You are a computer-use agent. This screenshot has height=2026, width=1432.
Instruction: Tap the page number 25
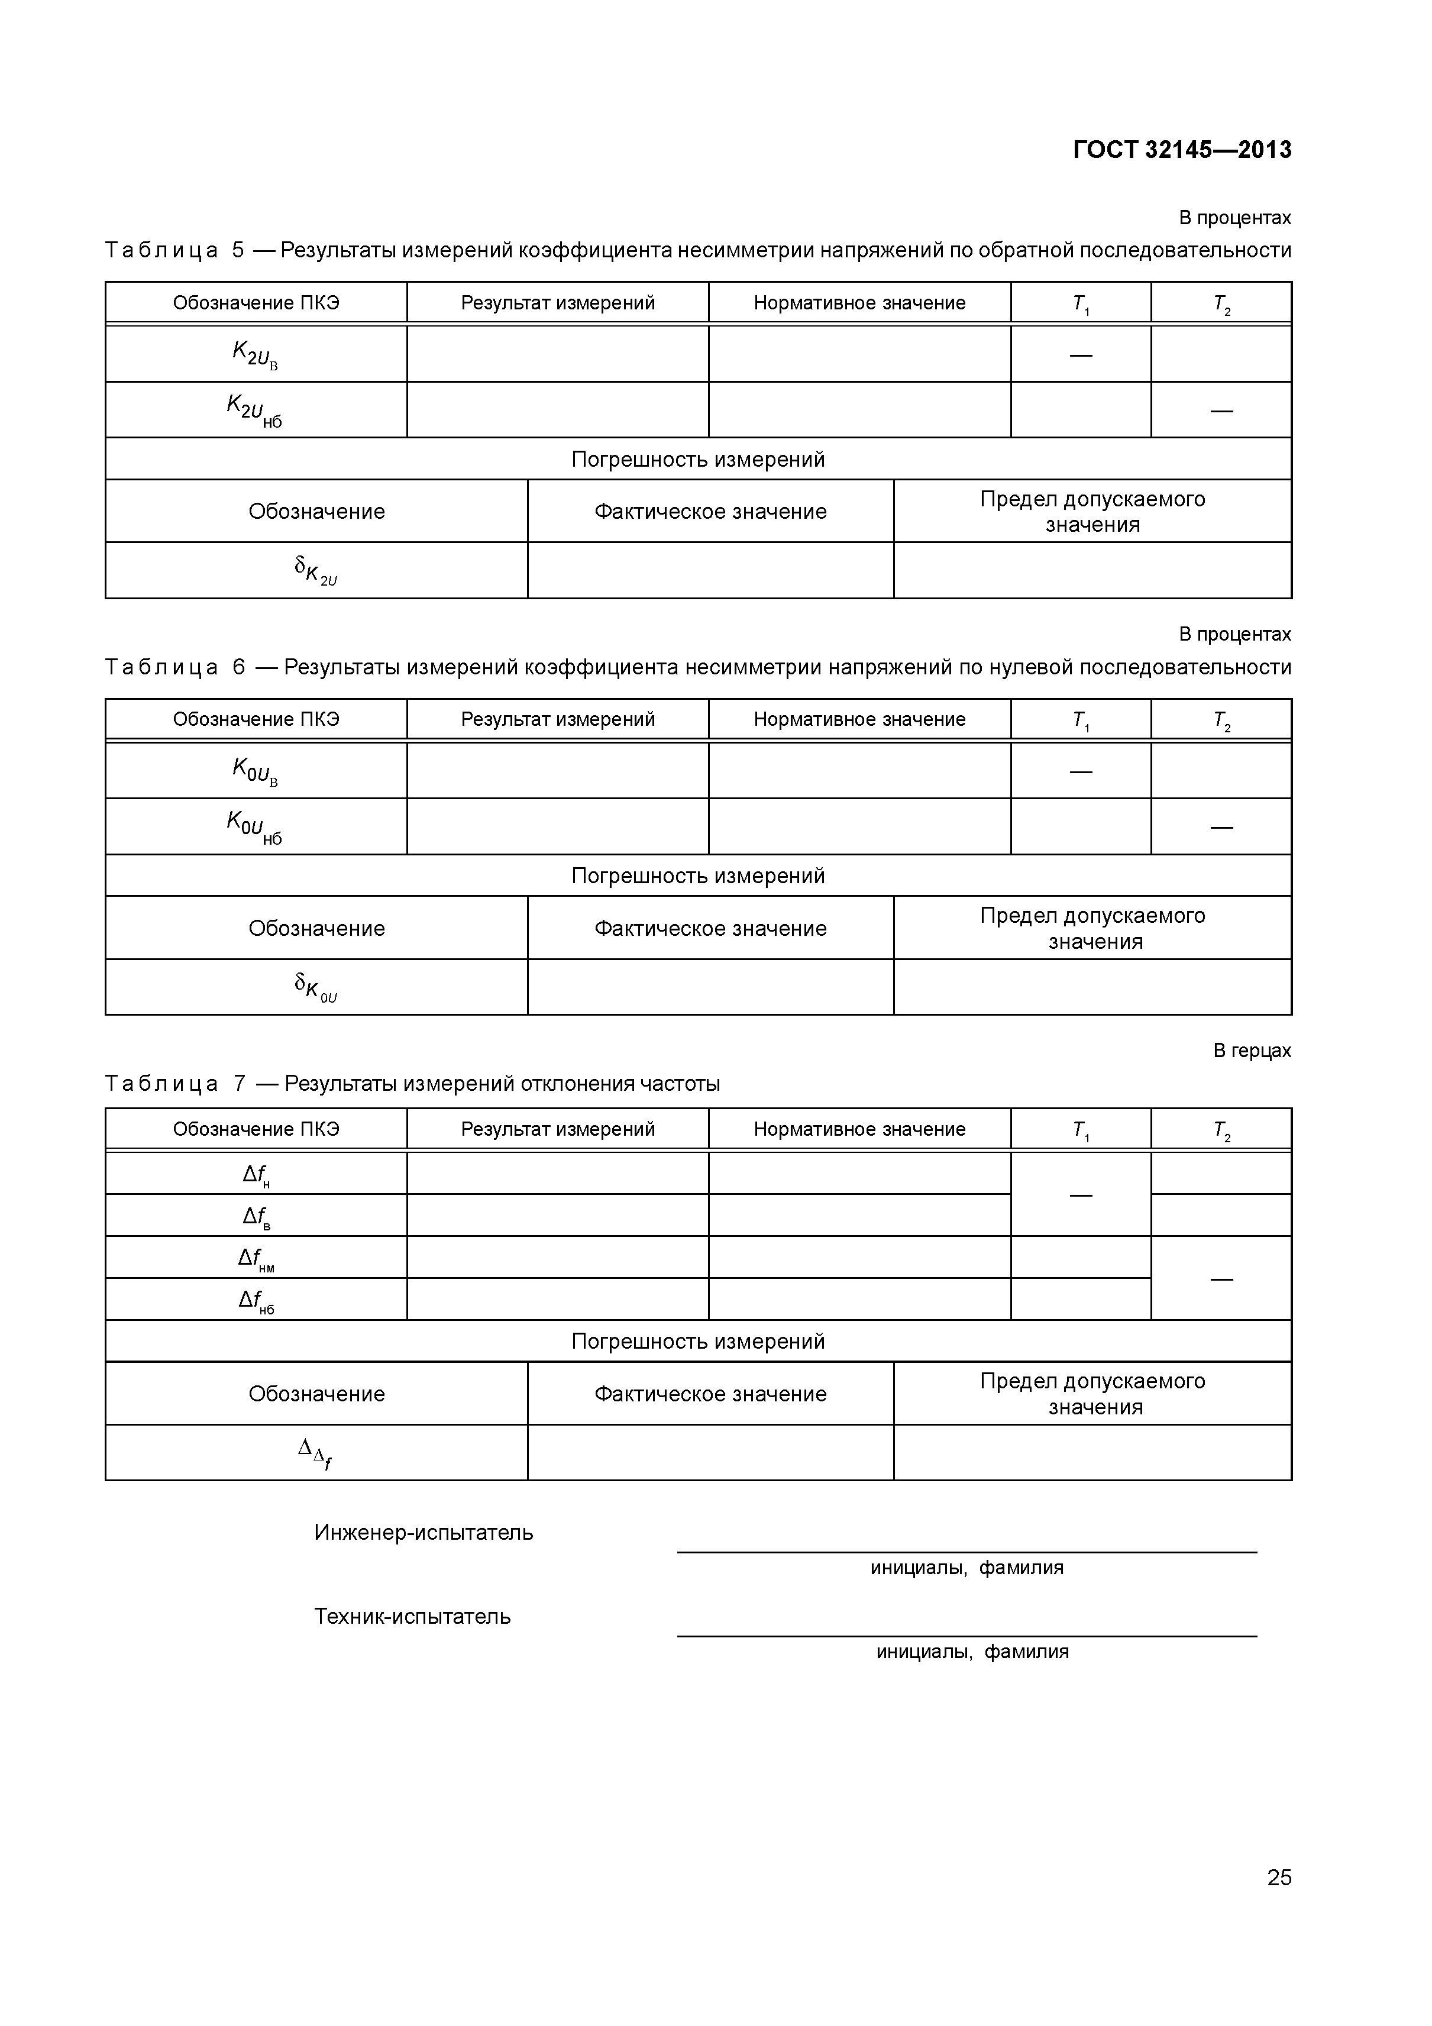pos(1278,1902)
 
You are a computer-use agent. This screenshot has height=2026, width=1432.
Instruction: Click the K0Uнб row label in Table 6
pos(254,827)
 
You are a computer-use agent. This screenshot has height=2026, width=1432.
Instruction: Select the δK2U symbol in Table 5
pos(316,571)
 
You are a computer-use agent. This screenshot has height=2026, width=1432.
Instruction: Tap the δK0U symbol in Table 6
pos(316,987)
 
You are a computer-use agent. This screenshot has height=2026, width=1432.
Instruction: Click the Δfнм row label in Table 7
pos(256,1258)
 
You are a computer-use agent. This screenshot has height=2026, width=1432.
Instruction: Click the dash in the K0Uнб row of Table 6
pos(1221,827)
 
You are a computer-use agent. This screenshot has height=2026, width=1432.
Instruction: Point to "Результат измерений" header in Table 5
pos(558,303)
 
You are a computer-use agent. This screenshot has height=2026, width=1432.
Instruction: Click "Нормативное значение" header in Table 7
pos(859,1129)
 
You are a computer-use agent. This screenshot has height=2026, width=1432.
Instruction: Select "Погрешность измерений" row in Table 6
pos(698,875)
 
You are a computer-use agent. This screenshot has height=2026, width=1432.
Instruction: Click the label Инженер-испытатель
pos(424,1533)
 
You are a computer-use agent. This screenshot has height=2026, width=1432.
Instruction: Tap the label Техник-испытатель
pos(412,1617)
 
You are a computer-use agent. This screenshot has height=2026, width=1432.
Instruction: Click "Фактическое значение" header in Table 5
pos(710,512)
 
